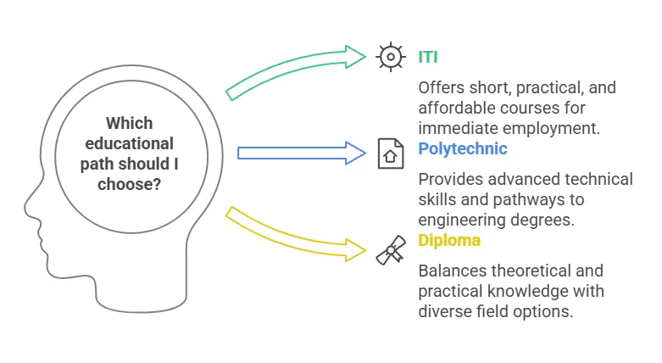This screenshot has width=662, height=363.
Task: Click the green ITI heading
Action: [x=428, y=57]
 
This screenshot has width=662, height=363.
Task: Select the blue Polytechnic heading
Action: [x=462, y=148]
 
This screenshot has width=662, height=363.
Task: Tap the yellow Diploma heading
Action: [x=449, y=241]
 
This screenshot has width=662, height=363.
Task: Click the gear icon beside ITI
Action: [x=391, y=57]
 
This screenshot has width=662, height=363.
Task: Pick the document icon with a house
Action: [x=391, y=154]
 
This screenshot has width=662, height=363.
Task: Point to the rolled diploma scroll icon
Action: [x=391, y=250]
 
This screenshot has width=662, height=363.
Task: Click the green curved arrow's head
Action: [x=355, y=57]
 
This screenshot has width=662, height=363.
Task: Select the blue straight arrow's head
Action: [x=355, y=153]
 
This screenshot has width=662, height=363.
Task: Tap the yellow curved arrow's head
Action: [x=355, y=249]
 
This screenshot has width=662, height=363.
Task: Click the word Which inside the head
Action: [x=129, y=123]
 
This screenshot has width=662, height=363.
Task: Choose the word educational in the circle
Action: [x=129, y=143]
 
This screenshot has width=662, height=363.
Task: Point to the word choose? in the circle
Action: [x=129, y=184]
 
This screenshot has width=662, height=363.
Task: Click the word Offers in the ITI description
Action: [x=440, y=88]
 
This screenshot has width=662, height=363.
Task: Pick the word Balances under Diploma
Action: [x=451, y=271]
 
